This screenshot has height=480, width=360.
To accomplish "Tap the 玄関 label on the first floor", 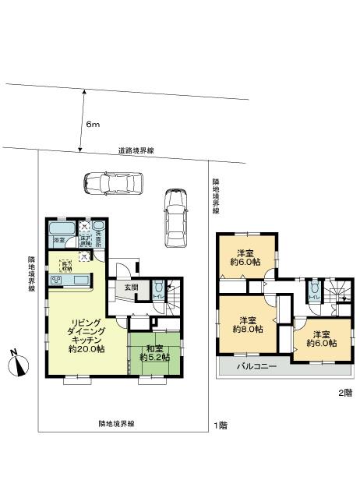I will (x=131, y=287).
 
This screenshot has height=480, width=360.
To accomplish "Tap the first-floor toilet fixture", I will (x=158, y=285).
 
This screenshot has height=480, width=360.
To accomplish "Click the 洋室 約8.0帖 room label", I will (x=249, y=325).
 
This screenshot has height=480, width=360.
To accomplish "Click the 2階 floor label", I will (x=344, y=392).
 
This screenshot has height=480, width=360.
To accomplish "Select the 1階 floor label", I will (x=220, y=427).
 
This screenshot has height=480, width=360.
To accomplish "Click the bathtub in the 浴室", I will (x=59, y=231).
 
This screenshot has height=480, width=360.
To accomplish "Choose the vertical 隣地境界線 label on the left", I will (x=32, y=275).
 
